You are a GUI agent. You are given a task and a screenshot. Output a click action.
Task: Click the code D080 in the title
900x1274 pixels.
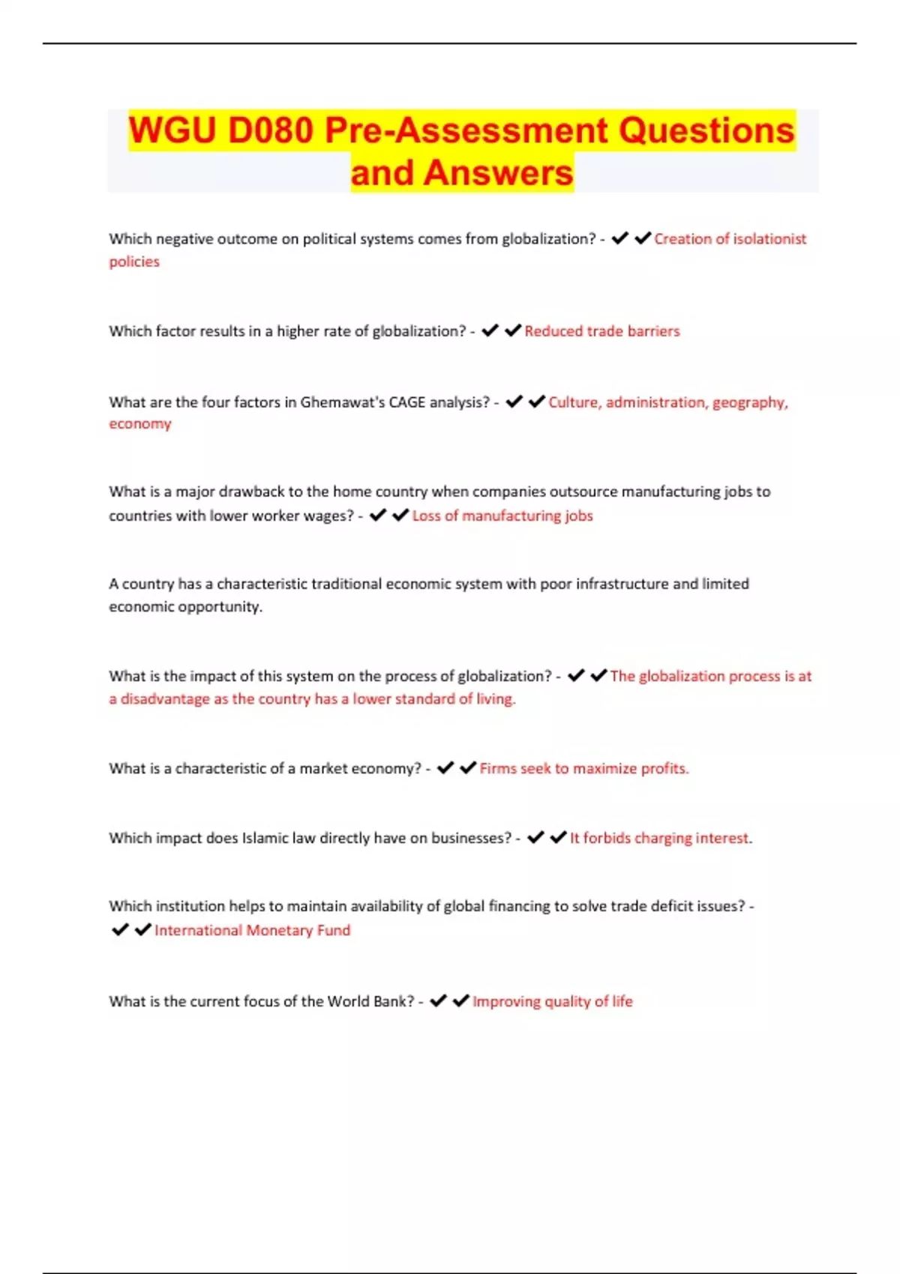(x=271, y=131)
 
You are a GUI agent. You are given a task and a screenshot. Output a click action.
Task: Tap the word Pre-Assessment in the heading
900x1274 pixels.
(x=466, y=131)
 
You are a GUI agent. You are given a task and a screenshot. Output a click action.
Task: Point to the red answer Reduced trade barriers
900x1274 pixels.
(x=602, y=331)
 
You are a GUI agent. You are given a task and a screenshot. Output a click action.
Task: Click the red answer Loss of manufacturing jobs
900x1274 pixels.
(x=502, y=516)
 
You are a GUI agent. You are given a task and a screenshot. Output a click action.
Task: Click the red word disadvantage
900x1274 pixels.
(x=165, y=699)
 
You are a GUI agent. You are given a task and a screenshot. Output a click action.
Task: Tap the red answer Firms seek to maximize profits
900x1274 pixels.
(x=583, y=769)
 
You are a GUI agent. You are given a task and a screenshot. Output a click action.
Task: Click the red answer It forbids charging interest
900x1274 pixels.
(x=661, y=838)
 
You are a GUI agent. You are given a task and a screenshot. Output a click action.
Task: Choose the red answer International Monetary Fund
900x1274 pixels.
(x=252, y=931)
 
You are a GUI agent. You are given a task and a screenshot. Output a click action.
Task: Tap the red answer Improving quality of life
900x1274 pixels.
(x=553, y=1002)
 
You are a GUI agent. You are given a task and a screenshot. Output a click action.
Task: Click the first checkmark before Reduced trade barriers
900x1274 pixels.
(x=490, y=330)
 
